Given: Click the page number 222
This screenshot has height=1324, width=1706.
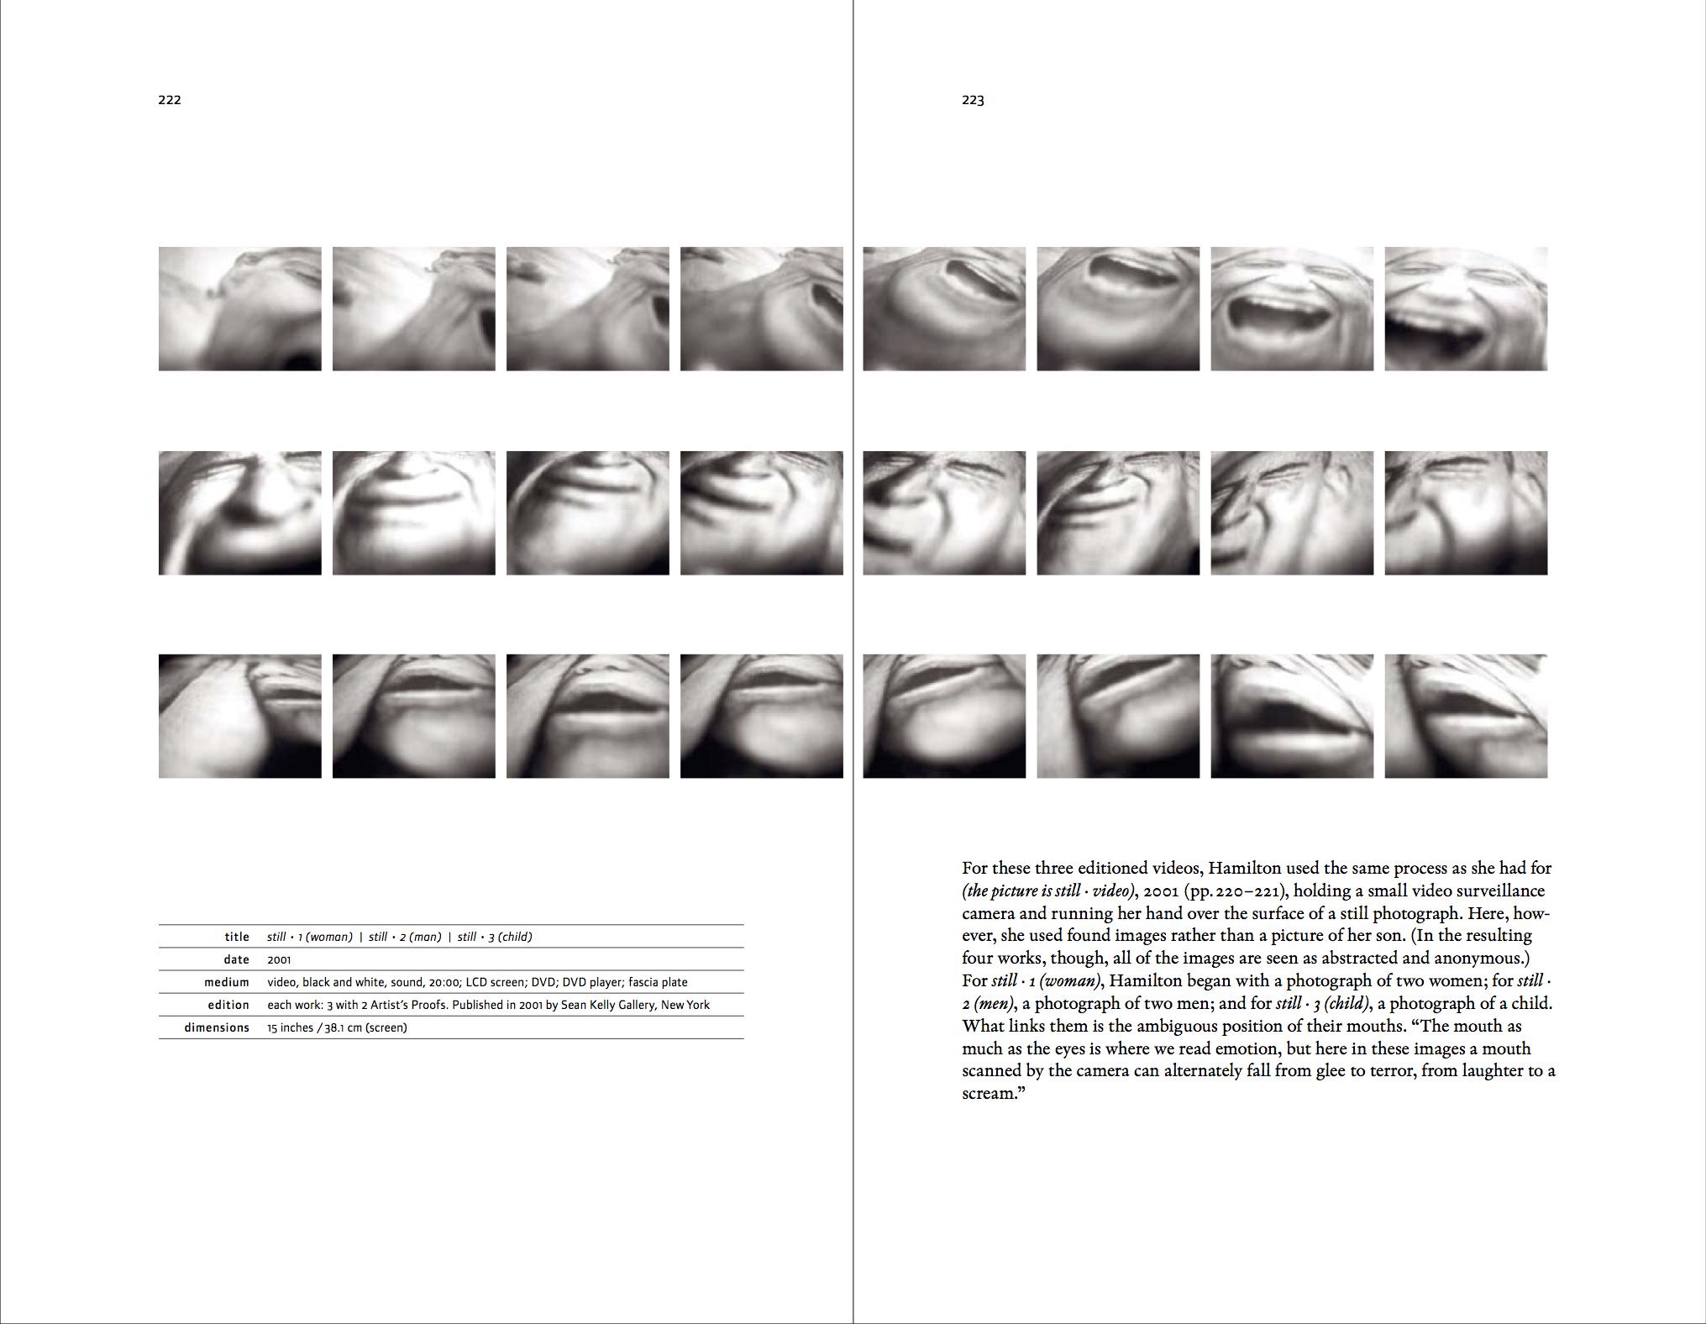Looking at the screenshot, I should point(170,100).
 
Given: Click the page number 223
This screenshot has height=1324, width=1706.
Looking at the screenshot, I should point(973,100).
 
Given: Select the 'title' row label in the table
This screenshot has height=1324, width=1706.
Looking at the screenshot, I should point(237,937).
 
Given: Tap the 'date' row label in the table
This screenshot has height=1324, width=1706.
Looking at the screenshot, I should point(237,959).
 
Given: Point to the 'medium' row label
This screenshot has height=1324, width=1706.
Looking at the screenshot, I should point(227,982).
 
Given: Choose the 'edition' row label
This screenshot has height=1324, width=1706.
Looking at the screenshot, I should point(228,1005).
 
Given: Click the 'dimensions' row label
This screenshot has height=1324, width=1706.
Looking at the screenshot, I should point(217,1027).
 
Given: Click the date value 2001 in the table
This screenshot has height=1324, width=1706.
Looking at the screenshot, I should point(279,959).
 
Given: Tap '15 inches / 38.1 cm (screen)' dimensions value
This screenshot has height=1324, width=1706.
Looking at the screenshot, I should point(337,1027).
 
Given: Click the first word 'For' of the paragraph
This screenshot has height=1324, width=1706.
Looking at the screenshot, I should point(975,868).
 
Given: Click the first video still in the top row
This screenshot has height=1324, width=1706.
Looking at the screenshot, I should point(240,308).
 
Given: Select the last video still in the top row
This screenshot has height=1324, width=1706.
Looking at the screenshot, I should point(1466,308).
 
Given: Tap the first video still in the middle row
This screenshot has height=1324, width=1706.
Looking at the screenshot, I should point(240,512).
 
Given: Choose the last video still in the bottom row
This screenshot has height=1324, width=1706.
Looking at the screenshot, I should point(1466,716).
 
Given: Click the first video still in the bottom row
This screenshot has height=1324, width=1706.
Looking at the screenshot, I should point(240,716).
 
